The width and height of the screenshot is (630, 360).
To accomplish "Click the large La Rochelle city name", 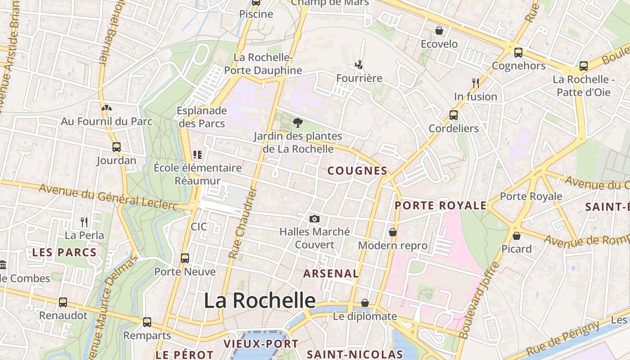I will pos(260,301).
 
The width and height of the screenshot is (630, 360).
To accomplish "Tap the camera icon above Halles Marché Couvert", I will pos(315,219).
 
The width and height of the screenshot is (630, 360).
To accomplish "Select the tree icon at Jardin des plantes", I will pos(297,122).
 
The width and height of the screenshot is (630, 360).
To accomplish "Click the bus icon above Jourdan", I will pos(117,147).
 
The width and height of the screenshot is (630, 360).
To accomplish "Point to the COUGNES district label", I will pos(357,171).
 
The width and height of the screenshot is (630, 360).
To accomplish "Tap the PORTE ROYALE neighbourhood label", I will pos(441,206).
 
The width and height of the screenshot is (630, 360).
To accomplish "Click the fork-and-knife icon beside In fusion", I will pos(475,83).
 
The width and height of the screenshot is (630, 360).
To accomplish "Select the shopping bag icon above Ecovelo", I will pos(439,31).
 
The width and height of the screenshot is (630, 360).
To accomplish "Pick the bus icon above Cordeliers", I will pos(454,115).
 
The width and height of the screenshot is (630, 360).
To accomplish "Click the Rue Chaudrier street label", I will pos(242,224).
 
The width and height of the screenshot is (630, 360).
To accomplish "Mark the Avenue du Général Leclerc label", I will pos(108,197).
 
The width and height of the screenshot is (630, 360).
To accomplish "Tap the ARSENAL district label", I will pos(331,274).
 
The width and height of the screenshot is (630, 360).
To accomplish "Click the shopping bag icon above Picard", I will pos(517,235).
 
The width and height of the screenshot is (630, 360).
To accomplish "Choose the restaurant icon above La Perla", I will pos(84,222).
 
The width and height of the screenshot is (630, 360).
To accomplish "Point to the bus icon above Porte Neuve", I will pos(185,258).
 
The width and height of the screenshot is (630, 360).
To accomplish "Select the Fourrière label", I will pos(359,78).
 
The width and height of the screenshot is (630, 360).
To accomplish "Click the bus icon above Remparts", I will pos(147,322).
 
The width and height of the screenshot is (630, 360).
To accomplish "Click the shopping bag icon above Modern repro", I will pos(393,232).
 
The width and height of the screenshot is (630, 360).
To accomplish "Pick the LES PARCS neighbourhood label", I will pos(64,252).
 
